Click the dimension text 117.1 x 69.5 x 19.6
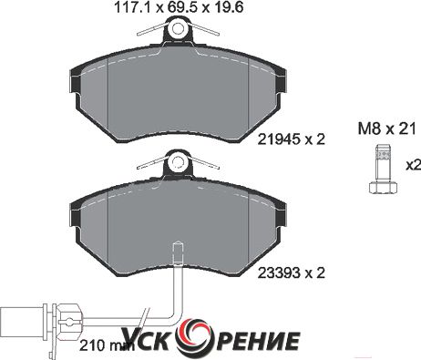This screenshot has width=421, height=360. pyautogui.click(x=179, y=7)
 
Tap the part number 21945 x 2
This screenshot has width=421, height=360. pyautogui.click(x=292, y=139)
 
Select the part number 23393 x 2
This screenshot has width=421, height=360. pyautogui.click(x=292, y=273)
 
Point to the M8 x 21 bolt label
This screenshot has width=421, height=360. pyautogui.click(x=386, y=129)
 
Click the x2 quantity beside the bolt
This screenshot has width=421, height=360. pyautogui.click(x=414, y=166)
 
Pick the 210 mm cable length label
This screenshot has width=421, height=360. pyautogui.click(x=100, y=345)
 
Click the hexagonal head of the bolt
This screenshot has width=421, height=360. pyautogui.click(x=383, y=187)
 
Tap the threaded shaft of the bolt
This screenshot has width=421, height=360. pyautogui.click(x=383, y=163)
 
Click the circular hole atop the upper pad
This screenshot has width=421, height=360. pyautogui.click(x=178, y=28)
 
